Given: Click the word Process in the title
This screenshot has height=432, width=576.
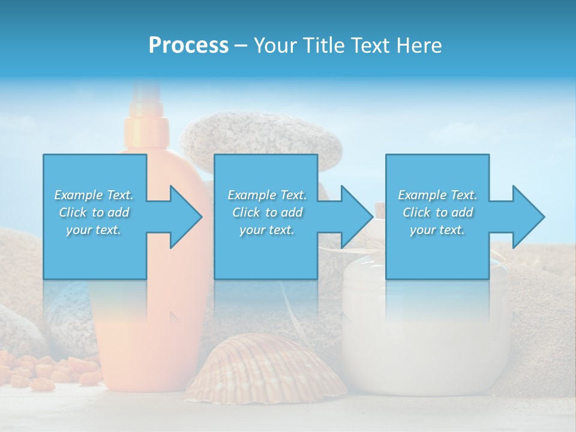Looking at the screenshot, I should tap(188, 45).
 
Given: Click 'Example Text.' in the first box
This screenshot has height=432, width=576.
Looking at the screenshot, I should tap(94, 195).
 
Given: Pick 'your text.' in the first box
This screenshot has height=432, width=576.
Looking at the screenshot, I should tap(94, 230).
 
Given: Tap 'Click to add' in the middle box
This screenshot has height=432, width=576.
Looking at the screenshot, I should tap(267, 212).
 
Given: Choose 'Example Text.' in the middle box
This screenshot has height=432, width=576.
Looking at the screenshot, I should tap(267, 195).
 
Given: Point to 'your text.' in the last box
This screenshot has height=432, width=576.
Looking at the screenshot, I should tap(437, 230).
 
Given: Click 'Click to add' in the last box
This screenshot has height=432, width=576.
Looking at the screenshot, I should tap(437, 212).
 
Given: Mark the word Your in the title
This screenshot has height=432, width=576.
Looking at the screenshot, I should tap(274, 45).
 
